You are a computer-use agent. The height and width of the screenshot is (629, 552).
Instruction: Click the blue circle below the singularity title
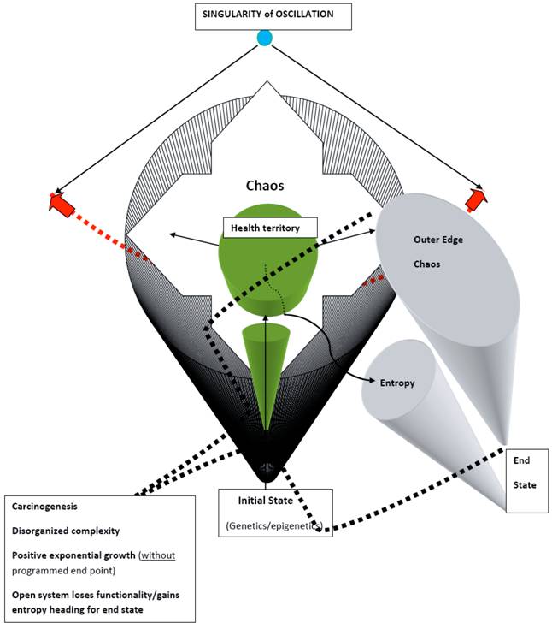click(x=265, y=39)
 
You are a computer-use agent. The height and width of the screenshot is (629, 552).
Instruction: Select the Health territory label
click(x=269, y=227)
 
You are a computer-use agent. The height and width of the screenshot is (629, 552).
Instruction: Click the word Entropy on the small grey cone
click(x=398, y=383)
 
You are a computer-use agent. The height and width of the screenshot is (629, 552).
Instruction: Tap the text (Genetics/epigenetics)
click(x=273, y=525)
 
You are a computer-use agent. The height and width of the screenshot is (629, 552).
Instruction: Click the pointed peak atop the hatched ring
click(x=268, y=84)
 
